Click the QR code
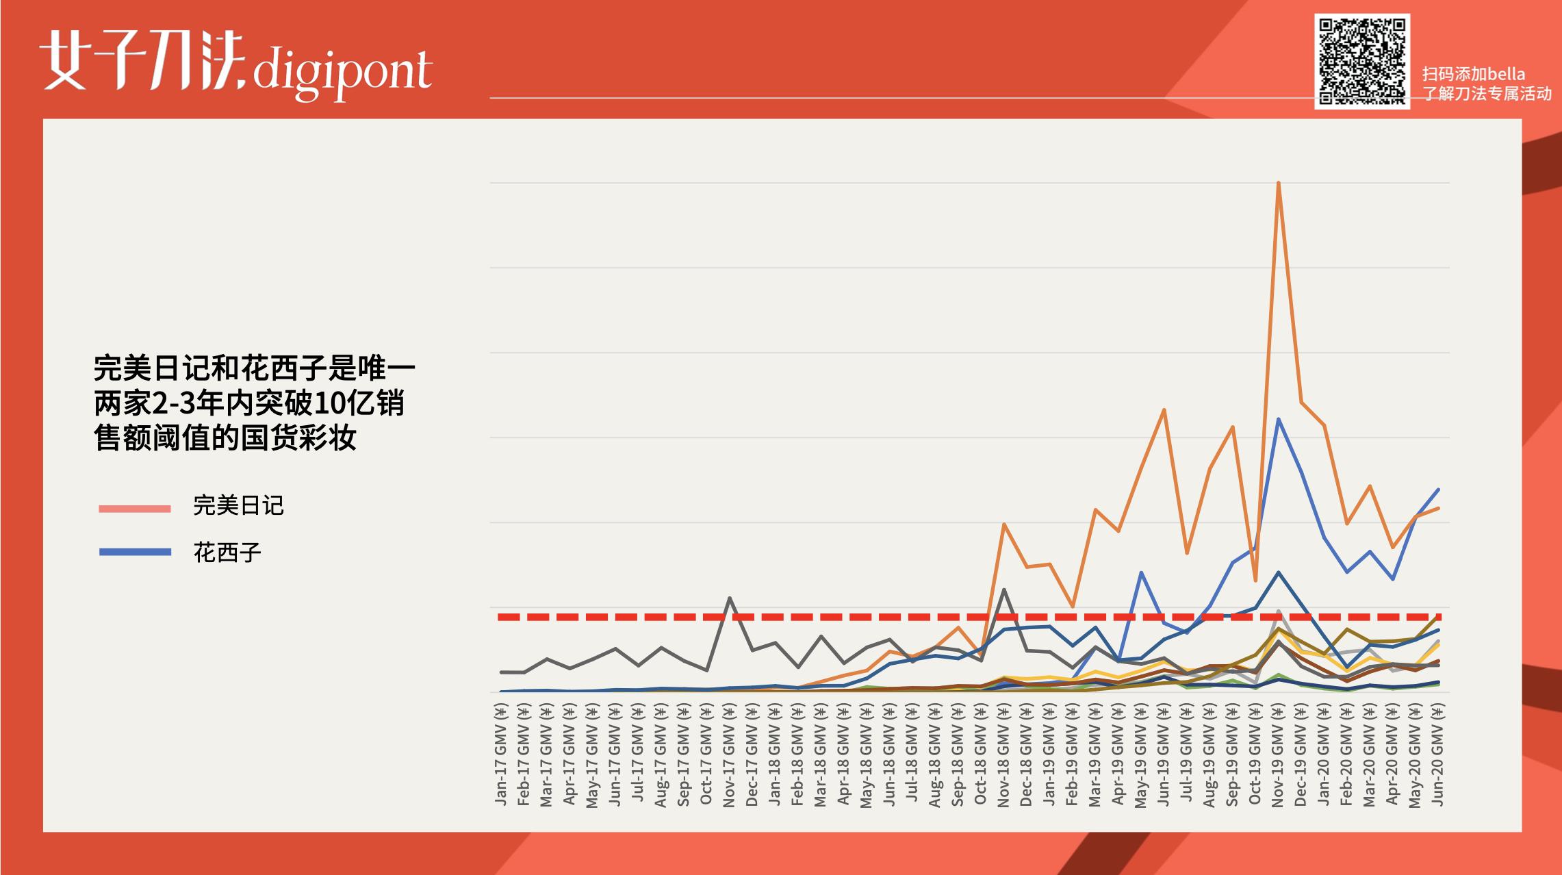pos(1361,61)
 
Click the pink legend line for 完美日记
pos(135,509)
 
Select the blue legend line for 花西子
pos(135,552)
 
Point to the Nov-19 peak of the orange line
pos(1278,183)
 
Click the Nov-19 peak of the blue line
pos(1278,419)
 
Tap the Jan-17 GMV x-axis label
pos(501,757)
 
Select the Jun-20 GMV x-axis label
pos(1437,757)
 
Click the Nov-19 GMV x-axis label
pos(1277,757)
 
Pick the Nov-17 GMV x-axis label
pos(729,757)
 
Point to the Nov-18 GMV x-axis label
pos(1003,757)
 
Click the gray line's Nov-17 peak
pos(730,598)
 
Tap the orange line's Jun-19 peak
pos(1164,410)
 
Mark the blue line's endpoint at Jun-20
pos(1438,490)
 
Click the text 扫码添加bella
pos(1473,74)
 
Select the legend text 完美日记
pos(238,506)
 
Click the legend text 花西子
pos(227,553)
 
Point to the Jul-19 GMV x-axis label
pos(1186,757)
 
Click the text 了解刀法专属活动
pos(1487,94)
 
